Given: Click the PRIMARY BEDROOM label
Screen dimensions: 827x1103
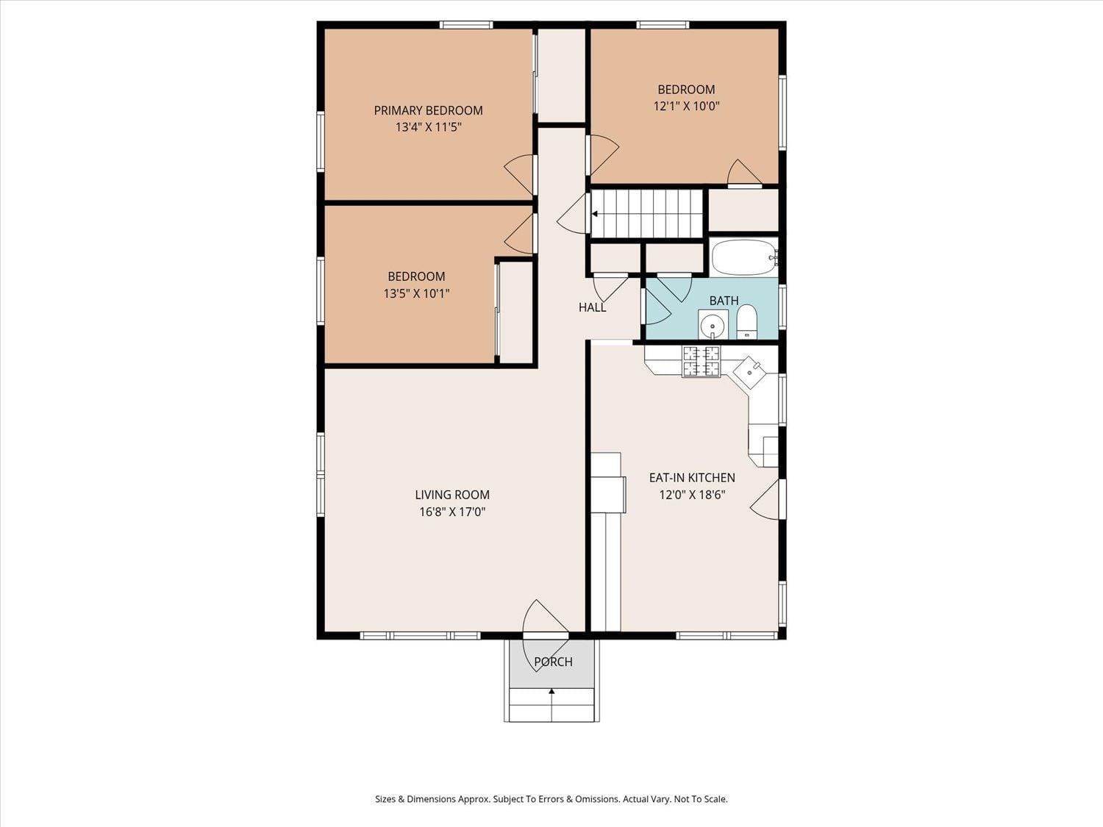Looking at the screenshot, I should [428, 110].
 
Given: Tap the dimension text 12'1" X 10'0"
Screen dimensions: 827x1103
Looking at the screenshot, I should [685, 106].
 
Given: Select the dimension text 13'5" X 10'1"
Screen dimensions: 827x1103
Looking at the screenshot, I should [416, 293].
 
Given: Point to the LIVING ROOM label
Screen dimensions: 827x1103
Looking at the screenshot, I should [451, 495].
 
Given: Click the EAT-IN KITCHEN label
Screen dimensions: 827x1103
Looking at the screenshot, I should [691, 478].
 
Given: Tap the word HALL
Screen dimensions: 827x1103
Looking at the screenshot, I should [592, 307].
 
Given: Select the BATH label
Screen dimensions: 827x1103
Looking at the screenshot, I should [724, 301].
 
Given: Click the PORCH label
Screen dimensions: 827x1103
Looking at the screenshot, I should [553, 662].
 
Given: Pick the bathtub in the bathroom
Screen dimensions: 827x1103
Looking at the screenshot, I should [743, 257].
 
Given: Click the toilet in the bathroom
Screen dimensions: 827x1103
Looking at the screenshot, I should [746, 321].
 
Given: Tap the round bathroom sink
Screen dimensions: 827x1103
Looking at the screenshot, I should [712, 324].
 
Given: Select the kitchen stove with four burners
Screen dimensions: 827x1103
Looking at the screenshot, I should [701, 361].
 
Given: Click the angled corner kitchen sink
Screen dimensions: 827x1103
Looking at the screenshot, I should [749, 372].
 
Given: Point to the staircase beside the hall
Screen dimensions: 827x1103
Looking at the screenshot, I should [647, 214].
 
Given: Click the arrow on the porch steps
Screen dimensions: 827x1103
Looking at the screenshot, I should [551, 692].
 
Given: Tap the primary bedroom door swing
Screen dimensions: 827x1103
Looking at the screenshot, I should [520, 173].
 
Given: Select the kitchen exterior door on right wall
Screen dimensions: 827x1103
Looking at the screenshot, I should [767, 500].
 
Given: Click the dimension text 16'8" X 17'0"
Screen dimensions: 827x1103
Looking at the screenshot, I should [451, 512].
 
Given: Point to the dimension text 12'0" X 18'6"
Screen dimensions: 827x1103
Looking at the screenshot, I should [691, 495].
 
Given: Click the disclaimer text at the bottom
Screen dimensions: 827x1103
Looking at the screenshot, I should [551, 799].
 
